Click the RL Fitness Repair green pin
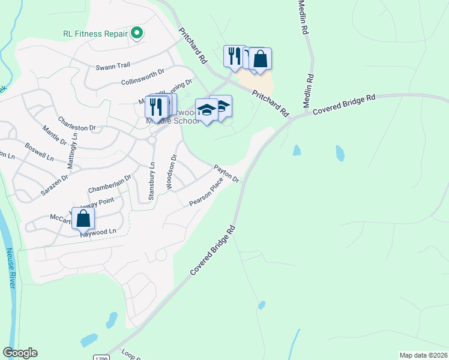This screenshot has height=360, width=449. [x=137, y=34]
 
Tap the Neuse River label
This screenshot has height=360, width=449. [x=10, y=275]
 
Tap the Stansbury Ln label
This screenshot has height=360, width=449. [x=152, y=181]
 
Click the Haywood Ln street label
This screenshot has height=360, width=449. [x=98, y=232]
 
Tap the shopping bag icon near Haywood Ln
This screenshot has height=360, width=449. [x=83, y=218]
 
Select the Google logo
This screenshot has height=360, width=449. [x=20, y=353]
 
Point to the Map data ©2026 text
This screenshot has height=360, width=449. [x=423, y=355]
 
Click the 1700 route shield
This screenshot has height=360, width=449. [x=101, y=358]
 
